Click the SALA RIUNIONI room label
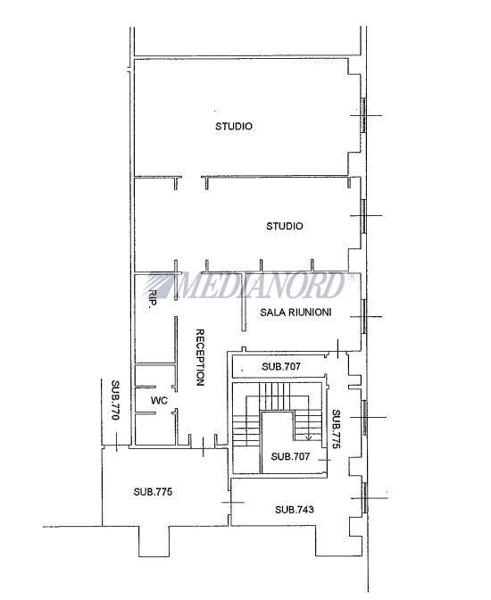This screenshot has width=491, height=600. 295,312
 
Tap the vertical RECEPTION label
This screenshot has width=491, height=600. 200,357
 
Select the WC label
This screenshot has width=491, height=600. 159,400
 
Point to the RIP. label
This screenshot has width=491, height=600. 153,298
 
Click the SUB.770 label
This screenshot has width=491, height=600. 115,400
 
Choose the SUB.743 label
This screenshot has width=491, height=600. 295,509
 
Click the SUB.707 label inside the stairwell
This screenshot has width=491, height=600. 290,456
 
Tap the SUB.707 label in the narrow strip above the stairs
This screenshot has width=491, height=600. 281,366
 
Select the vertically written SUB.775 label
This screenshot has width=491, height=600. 336,429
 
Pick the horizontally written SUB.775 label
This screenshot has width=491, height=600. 153,492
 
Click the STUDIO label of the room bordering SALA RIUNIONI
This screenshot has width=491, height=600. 285,226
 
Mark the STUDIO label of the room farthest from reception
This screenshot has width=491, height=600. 233,126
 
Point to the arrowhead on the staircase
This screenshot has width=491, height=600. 309,437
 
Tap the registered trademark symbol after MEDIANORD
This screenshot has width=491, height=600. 352,276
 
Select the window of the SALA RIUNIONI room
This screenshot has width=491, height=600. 364,316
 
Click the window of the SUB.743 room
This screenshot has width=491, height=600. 365,497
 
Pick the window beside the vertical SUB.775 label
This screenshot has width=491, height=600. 364,417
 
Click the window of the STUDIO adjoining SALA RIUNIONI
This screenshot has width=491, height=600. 363,216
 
